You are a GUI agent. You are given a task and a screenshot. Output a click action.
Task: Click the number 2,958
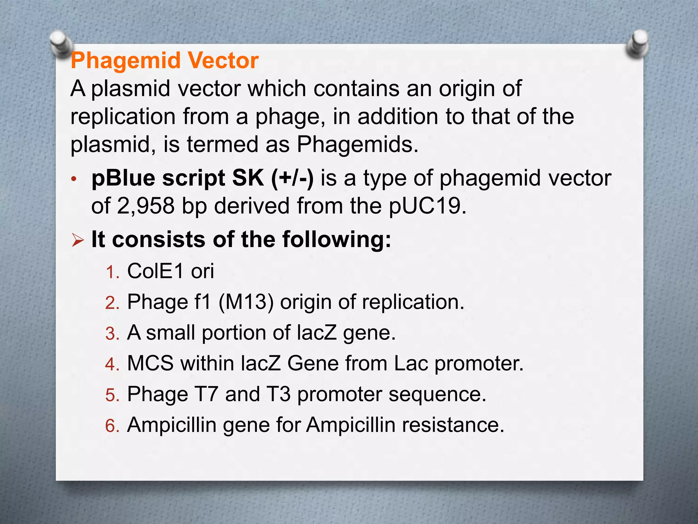pos(146,206)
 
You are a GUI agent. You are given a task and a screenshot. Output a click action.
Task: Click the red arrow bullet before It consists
pos(78,241)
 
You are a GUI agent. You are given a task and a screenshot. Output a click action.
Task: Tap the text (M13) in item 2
pos(246,302)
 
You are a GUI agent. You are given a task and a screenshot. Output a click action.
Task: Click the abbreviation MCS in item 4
pos(150,363)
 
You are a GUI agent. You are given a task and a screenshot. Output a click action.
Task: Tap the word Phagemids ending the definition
pos(357,145)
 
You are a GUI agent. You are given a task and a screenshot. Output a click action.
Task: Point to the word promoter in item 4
pos(479,364)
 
